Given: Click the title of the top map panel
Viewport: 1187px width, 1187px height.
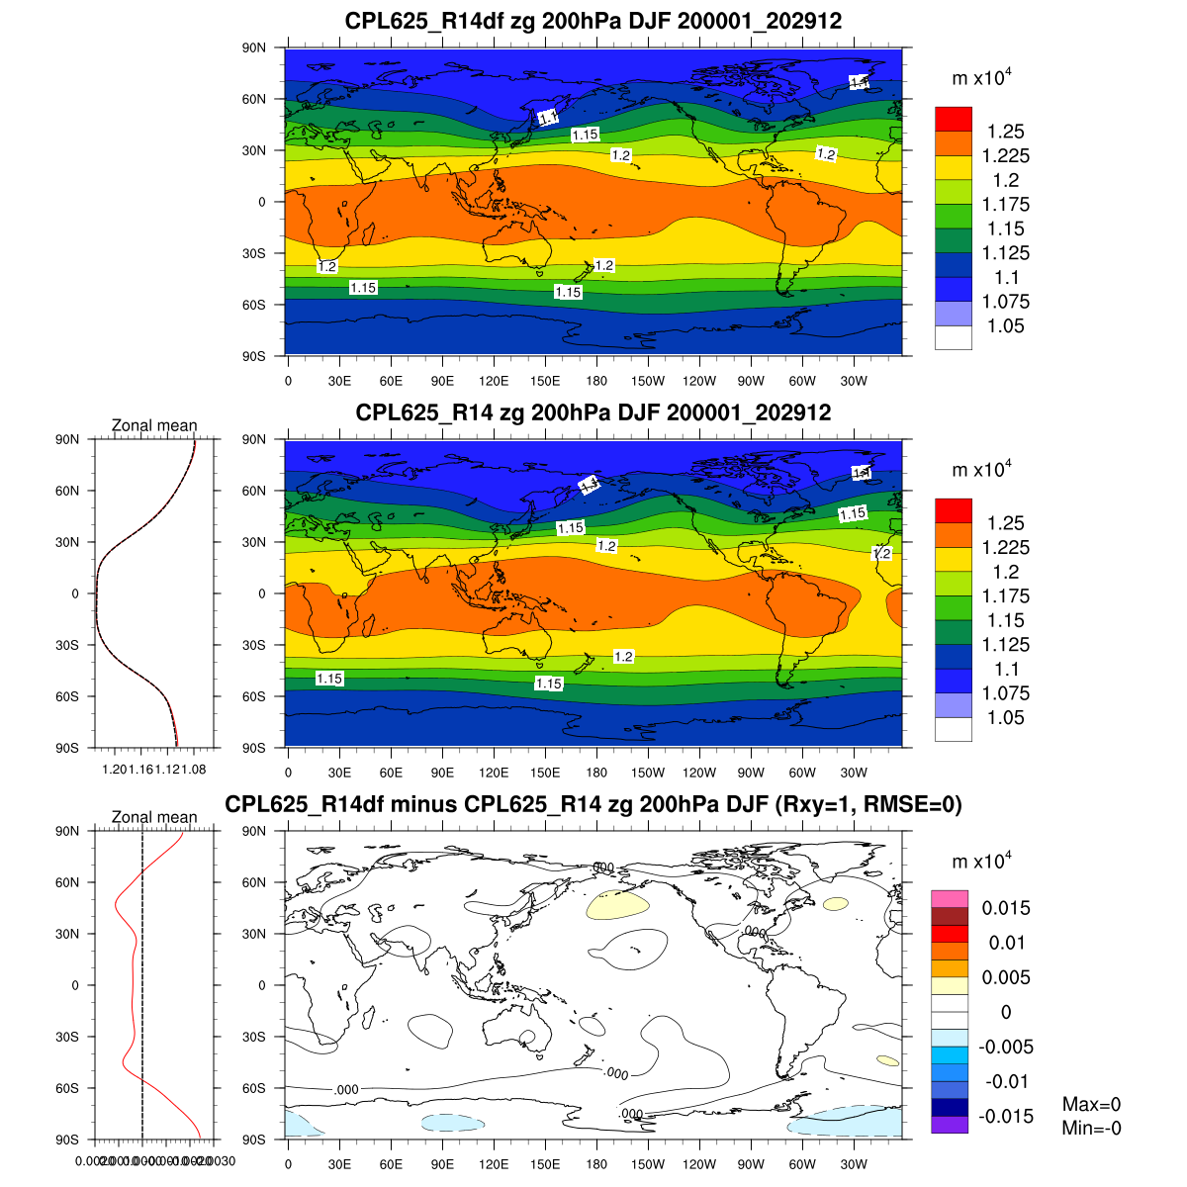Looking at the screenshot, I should pos(593,21).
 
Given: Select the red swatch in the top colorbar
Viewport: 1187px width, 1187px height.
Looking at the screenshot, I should pos(953,119).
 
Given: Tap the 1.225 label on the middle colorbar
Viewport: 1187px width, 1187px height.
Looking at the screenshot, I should pos(1005,547).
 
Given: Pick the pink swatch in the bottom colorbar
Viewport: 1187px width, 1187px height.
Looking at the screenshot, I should pos(949,898).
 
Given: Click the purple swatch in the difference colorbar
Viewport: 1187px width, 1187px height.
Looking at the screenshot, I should pos(949,1125).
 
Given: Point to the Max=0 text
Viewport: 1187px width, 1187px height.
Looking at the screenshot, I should pos(1091,1105).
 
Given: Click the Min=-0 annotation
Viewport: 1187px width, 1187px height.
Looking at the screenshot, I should pos(1091,1129).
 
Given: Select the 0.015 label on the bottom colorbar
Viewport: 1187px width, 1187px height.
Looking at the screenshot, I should pos(1005,908).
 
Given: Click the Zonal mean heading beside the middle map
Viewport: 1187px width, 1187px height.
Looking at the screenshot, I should pos(153,425).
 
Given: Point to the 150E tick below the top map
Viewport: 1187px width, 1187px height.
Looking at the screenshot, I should pos(545,381).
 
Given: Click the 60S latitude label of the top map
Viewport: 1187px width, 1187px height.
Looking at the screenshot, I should pos(255,305).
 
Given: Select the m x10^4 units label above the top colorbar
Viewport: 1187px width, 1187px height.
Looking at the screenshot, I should pos(981,78).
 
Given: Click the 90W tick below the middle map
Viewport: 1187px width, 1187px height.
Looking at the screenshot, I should pos(751,773).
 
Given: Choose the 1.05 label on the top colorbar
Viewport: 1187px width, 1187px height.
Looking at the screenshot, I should pos(1005,326).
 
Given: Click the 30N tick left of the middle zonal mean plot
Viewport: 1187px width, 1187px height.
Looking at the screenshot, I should pos(68,542).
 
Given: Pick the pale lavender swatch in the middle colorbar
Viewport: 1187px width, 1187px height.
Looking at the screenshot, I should pos(953,704).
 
